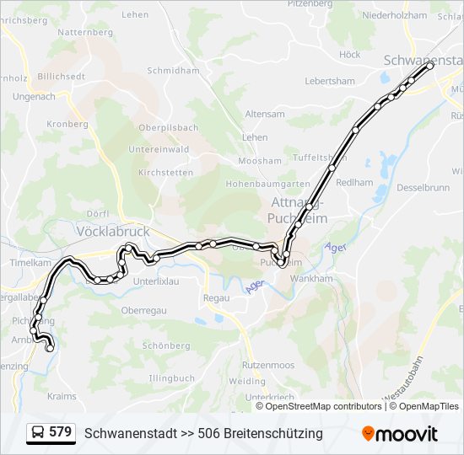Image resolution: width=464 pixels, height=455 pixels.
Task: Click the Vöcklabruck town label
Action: click(112, 230)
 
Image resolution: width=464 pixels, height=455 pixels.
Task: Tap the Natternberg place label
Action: click(85, 32)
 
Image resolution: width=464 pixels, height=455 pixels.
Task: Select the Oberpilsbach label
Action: click(169, 128)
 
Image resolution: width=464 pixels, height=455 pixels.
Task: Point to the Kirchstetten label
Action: click(165, 172)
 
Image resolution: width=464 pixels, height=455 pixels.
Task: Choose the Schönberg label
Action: click(166, 345)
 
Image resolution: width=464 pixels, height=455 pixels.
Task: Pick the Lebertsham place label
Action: click(330, 81)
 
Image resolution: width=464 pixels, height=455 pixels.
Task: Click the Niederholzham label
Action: click(394, 15)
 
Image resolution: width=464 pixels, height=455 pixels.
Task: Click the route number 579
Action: click(60, 432)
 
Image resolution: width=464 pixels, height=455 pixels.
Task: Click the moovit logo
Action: click(400, 433)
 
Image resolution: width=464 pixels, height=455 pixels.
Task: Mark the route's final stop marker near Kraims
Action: click(50, 347)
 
